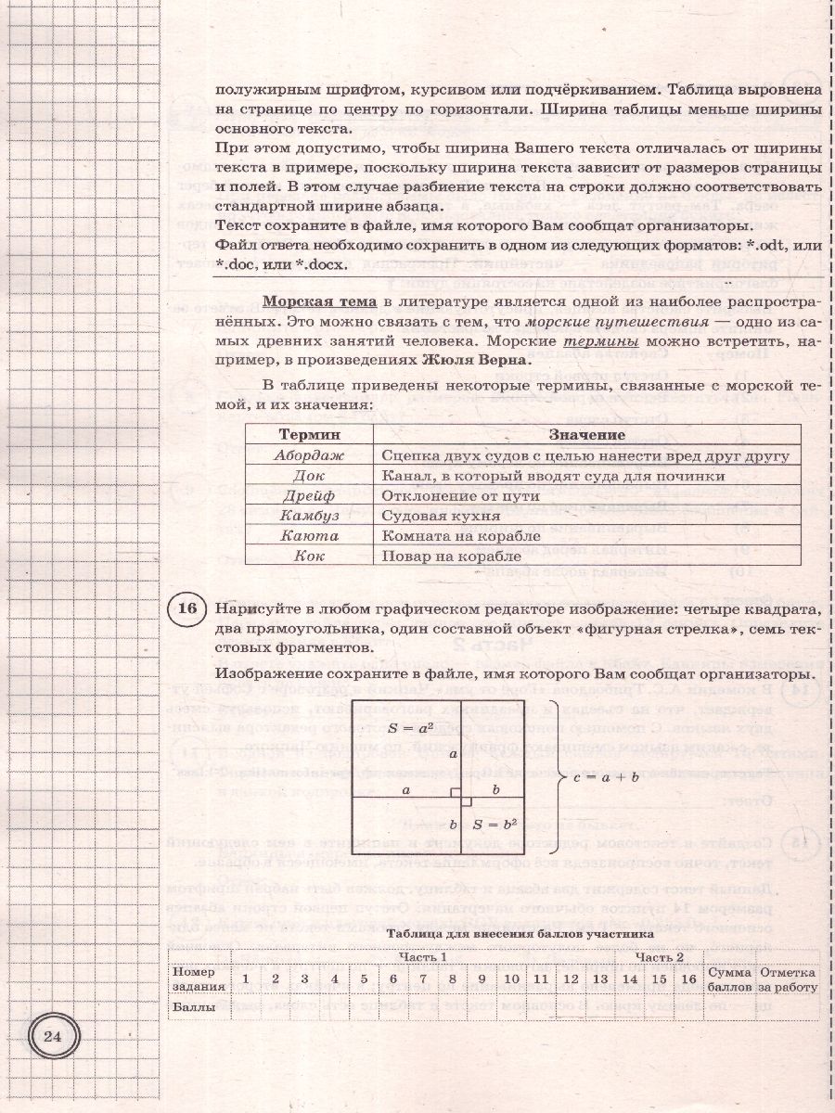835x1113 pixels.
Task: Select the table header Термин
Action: [309, 435]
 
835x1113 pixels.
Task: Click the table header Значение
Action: [586, 435]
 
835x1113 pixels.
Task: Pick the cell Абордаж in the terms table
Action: [309, 455]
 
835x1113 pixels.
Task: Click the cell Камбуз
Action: [309, 516]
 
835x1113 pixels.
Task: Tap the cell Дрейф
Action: [309, 496]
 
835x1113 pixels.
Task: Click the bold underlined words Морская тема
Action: [319, 301]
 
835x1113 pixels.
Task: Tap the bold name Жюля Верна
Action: [479, 360]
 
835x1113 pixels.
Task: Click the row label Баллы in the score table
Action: [194, 1006]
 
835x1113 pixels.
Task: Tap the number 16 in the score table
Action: [687, 979]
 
